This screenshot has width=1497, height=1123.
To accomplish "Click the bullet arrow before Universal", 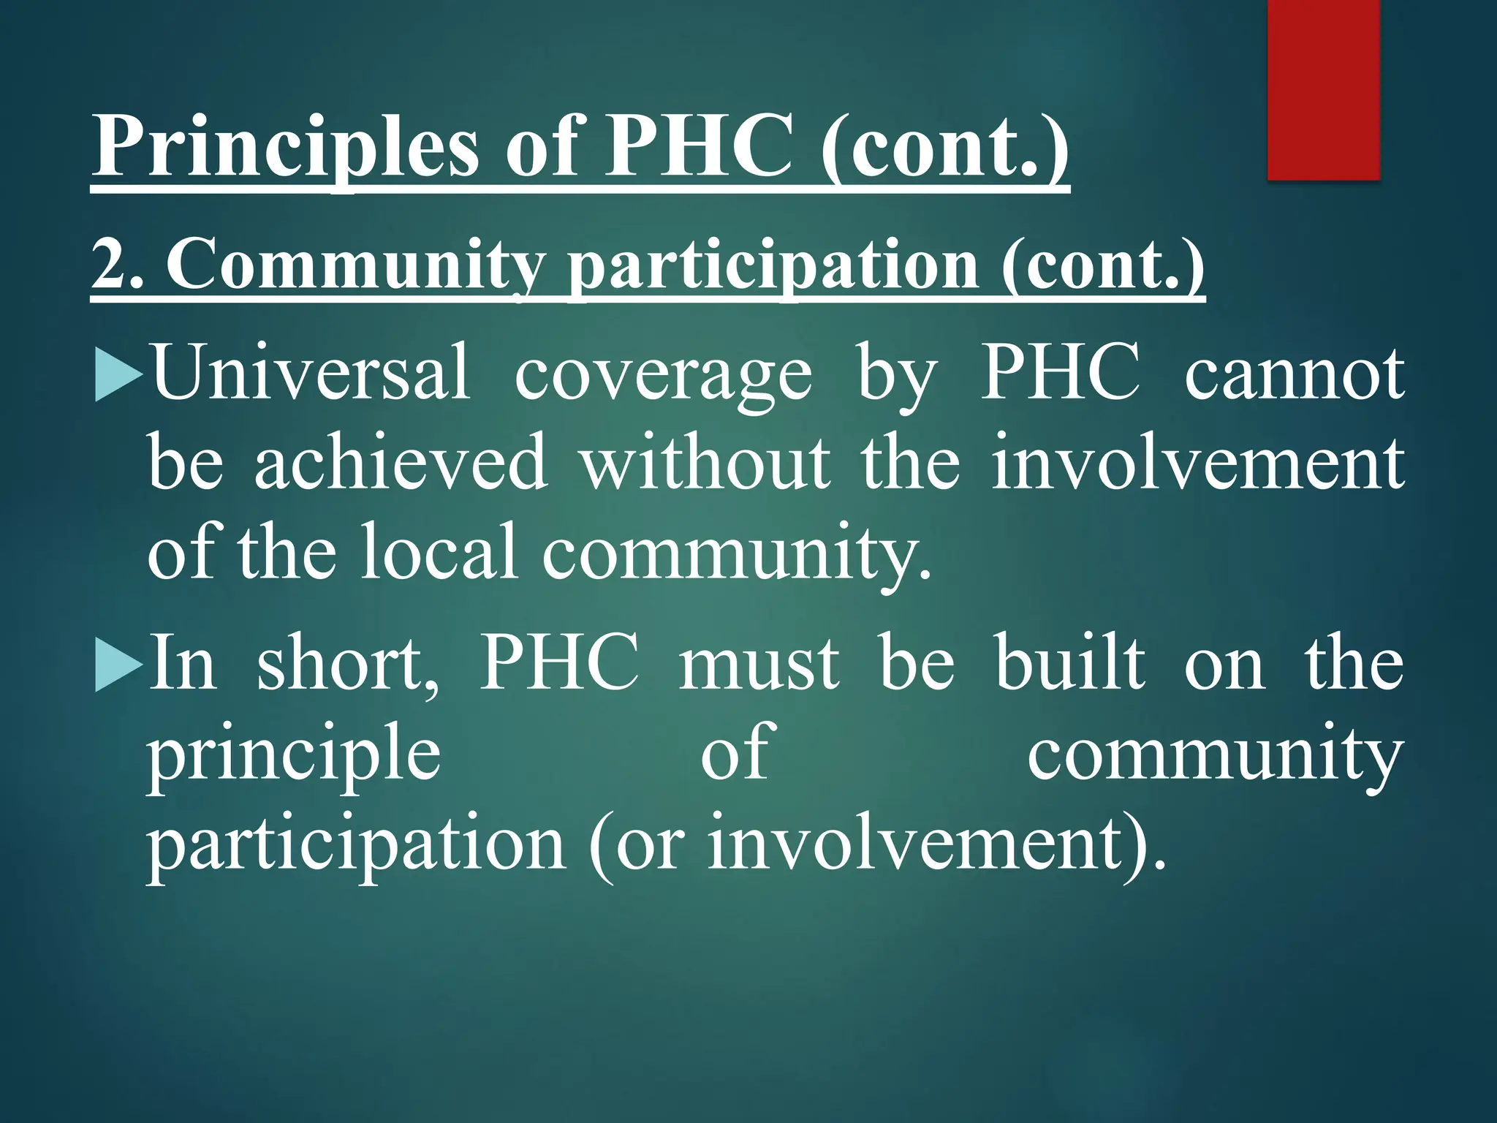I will (x=118, y=374).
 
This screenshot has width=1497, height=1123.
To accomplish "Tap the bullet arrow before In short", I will (x=118, y=665).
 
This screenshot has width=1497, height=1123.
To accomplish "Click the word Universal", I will (x=311, y=373).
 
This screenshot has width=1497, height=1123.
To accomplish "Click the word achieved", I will (x=401, y=463).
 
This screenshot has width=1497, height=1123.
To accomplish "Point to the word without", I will (x=705, y=463).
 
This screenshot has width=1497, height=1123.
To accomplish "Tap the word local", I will (x=439, y=552).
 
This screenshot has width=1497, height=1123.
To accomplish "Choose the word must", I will (x=758, y=664).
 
